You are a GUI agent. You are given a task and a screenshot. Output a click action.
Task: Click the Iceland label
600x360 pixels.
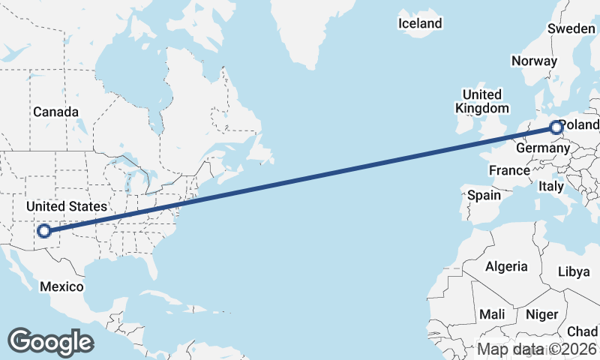(420, 24)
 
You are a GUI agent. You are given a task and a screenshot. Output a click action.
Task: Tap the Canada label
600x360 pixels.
(55, 112)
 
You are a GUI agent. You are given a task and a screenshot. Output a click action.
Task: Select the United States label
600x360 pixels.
(66, 206)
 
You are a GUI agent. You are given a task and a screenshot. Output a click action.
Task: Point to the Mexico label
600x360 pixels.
(61, 286)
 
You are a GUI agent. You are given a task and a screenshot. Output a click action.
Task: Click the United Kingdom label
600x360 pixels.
(481, 101)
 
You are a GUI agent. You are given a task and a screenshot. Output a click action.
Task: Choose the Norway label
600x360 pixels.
(534, 61)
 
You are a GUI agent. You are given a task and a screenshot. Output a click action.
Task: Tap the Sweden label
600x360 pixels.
(571, 28)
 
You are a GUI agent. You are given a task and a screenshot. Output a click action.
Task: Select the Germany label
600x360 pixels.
(543, 148)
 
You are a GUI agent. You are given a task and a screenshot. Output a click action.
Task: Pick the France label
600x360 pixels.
(509, 170)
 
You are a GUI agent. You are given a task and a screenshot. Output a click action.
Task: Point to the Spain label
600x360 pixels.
(484, 195)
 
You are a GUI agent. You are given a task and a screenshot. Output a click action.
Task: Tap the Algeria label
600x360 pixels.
(506, 266)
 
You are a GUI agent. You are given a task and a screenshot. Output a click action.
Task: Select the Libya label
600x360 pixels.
(574, 271)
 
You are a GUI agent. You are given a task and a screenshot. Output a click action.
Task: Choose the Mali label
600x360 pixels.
(492, 314)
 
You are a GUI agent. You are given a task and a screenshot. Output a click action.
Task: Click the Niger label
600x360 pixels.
(541, 314)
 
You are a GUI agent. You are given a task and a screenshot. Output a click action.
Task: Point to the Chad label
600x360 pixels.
(582, 331)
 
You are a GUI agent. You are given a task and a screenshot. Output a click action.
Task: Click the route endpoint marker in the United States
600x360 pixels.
(44, 231)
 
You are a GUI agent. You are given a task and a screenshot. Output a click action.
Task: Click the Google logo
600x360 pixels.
(50, 341)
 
